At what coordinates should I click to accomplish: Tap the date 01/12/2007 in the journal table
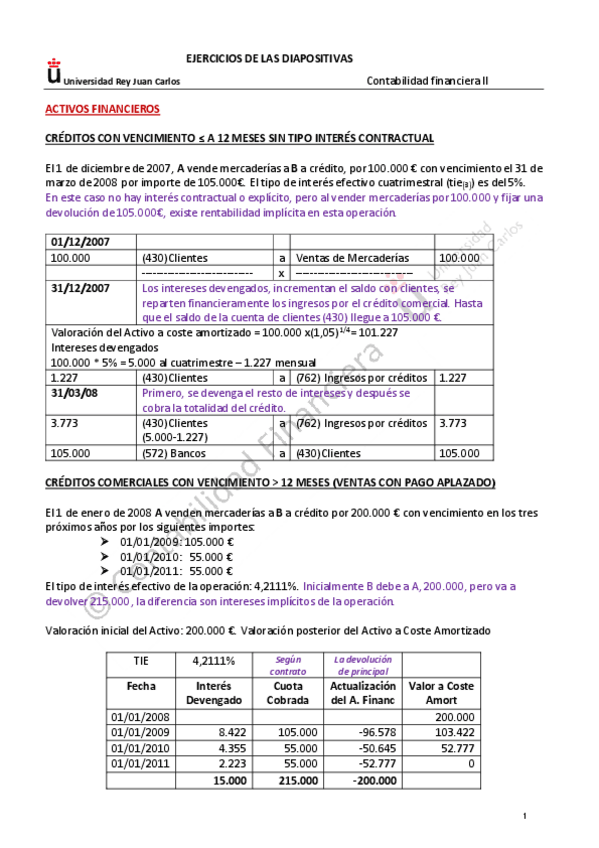pos(81,242)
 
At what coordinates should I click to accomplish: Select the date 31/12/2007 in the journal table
pos(81,288)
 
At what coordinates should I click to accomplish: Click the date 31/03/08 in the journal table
pos(76,393)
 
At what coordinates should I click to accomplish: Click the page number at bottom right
pos(524,820)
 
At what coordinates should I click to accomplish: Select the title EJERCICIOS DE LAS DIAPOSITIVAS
pos(270,59)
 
